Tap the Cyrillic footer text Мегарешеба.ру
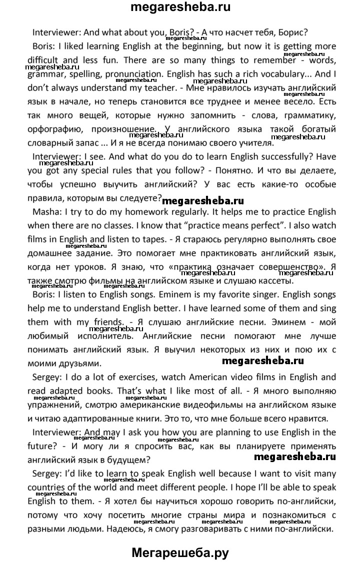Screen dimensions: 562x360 [x=180, y=550]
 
